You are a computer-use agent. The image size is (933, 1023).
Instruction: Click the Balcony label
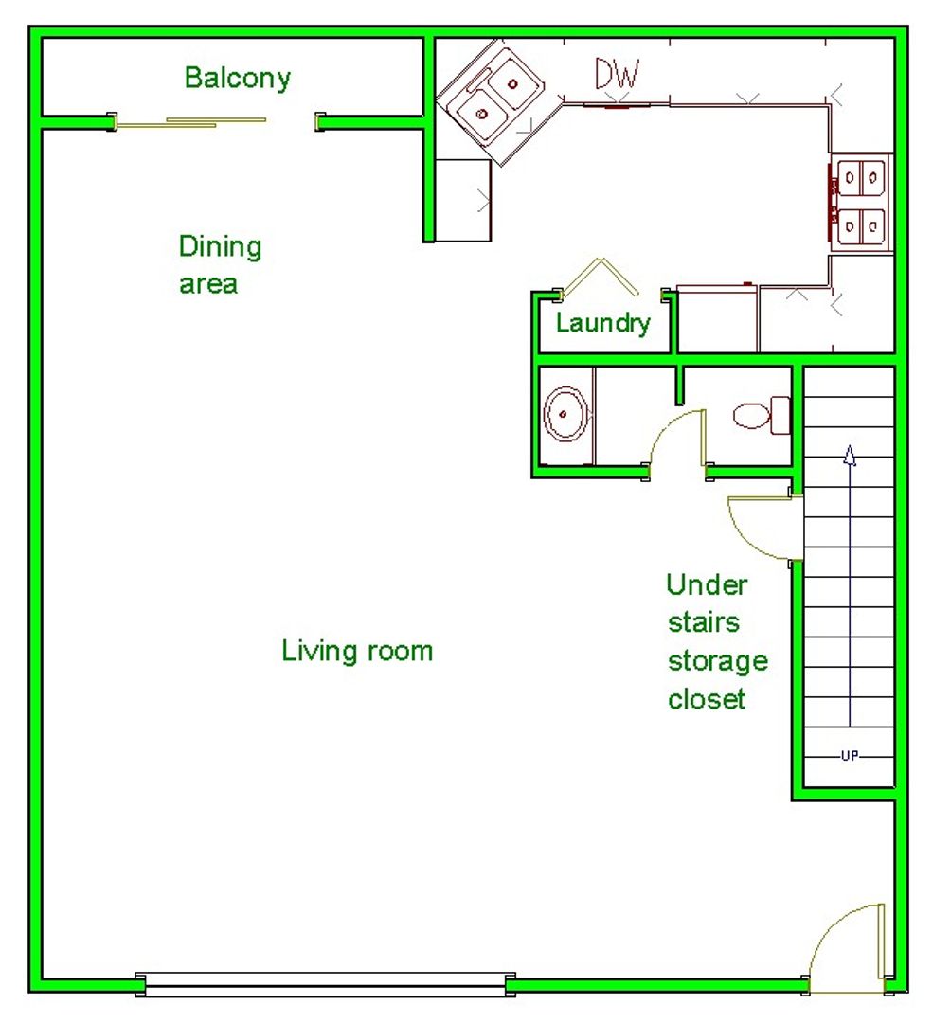pyautogui.click(x=238, y=79)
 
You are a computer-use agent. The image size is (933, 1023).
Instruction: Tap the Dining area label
pyautogui.click(x=221, y=264)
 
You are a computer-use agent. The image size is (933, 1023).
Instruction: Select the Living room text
pyautogui.click(x=357, y=651)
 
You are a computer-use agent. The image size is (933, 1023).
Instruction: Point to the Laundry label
pyautogui.click(x=602, y=323)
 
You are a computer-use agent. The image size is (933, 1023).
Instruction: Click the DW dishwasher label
pyautogui.click(x=618, y=74)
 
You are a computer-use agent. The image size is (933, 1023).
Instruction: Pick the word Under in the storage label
pyautogui.click(x=707, y=584)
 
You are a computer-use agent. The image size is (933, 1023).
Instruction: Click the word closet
pyautogui.click(x=707, y=699)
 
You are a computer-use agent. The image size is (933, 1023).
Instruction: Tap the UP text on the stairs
pyautogui.click(x=850, y=756)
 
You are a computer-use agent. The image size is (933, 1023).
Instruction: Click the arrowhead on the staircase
pyautogui.click(x=850, y=455)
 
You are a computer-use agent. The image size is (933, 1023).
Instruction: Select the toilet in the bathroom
pyautogui.click(x=762, y=415)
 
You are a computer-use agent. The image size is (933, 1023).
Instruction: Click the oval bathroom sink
pyautogui.click(x=565, y=414)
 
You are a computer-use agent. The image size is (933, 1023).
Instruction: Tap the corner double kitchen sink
pyautogui.click(x=499, y=101)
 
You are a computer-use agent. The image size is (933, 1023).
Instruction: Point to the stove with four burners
pyautogui.click(x=861, y=203)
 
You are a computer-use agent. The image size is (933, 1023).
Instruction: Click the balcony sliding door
pyautogui.click(x=216, y=122)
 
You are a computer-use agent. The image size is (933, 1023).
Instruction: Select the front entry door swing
pyautogui.click(x=847, y=948)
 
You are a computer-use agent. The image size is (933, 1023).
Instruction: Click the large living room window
pyautogui.click(x=325, y=984)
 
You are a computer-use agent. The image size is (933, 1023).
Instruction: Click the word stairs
pyautogui.click(x=704, y=622)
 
